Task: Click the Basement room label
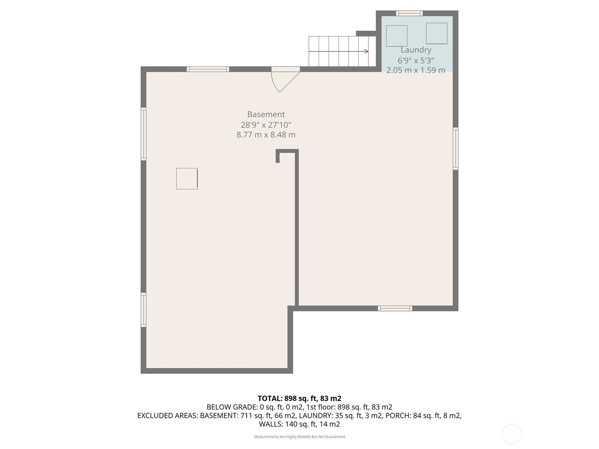tap(266, 114)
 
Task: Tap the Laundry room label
tap(416, 50)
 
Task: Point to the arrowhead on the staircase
tap(367, 51)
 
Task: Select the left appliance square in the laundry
tap(396, 36)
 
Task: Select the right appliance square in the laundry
tap(437, 33)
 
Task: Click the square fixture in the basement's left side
tap(187, 178)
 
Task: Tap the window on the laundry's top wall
tap(409, 13)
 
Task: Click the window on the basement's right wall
tap(456, 149)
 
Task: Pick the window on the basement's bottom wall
tap(395, 308)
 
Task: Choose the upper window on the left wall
tap(143, 134)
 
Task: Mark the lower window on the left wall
tap(143, 310)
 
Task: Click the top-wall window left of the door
tap(208, 69)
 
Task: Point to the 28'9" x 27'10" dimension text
tap(266, 125)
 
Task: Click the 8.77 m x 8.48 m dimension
tap(266, 135)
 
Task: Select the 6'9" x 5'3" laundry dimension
tap(416, 60)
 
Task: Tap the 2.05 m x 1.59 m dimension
tap(416, 70)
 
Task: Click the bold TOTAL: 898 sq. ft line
tap(299, 398)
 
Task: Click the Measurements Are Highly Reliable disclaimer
tap(299, 436)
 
